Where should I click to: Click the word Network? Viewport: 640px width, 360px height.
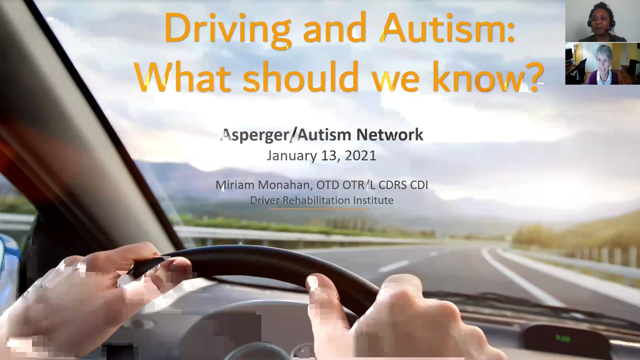click(x=390, y=135)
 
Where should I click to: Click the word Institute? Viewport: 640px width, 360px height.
click(x=374, y=200)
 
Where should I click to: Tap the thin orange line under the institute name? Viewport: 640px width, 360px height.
click(x=320, y=209)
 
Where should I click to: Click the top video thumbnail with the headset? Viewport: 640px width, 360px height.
click(x=602, y=21)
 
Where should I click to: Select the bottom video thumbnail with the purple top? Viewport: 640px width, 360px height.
click(x=602, y=64)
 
